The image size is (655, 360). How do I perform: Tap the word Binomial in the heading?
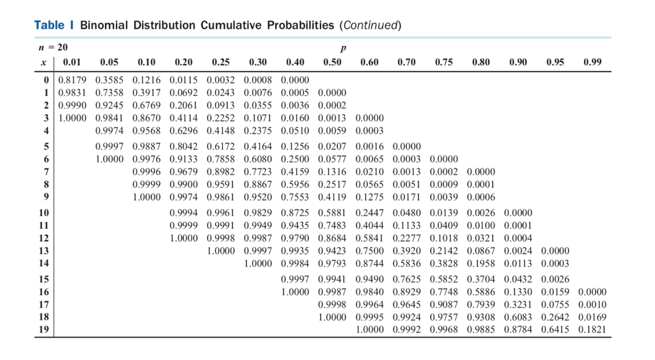104,26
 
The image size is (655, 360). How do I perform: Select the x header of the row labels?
43,62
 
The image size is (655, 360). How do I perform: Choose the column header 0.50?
332,62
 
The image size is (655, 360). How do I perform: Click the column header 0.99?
592,62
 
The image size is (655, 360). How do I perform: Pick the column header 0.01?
72,62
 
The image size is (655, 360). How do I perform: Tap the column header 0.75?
444,62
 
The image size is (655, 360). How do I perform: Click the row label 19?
43,330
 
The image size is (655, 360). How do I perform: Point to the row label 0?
46,81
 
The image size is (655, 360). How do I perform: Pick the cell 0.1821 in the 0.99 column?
592,330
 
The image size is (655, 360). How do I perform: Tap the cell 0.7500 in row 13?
369,250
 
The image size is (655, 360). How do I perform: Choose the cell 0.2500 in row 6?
295,159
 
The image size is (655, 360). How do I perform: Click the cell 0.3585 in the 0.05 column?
109,81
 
